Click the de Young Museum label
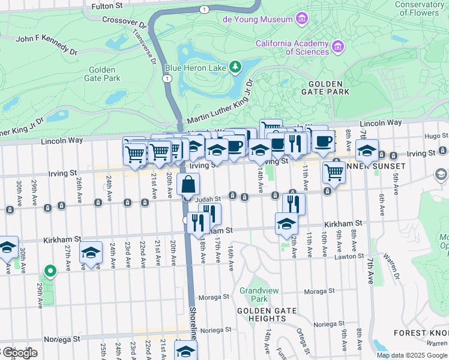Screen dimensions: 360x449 tap(257, 19)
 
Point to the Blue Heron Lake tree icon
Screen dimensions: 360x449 tap(237, 65)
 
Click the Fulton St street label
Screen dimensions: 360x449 tap(106, 7)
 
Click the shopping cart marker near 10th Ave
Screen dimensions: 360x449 tap(334, 172)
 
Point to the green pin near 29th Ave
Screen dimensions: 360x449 tap(50, 272)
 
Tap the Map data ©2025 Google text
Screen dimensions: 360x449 tap(411, 355)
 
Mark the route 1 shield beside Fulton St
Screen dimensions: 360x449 tap(205, 9)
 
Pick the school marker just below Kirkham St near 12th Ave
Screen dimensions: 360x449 tap(287, 224)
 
